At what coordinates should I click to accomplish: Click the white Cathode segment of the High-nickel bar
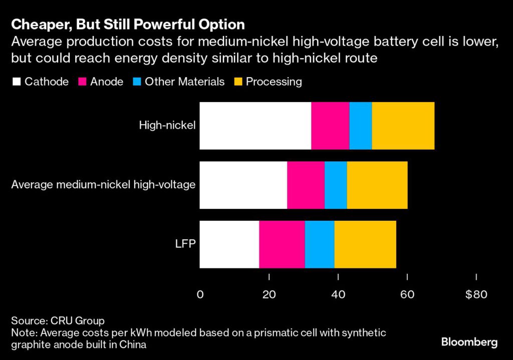(255, 126)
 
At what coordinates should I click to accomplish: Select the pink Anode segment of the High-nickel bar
(330, 126)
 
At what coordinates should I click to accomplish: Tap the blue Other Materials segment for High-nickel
(361, 126)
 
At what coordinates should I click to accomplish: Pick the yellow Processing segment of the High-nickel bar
(403, 126)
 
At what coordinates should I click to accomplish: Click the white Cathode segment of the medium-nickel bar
(243, 185)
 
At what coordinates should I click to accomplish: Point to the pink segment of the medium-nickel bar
(306, 185)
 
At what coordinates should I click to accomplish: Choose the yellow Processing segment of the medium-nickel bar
(377, 185)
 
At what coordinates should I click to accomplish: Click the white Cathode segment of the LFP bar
(229, 244)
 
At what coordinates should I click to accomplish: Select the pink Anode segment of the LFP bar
(282, 244)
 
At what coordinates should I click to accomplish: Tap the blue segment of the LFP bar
(320, 244)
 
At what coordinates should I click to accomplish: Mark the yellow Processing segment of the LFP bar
(365, 244)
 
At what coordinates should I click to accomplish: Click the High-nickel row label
(167, 126)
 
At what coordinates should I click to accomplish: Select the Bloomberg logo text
(469, 342)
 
